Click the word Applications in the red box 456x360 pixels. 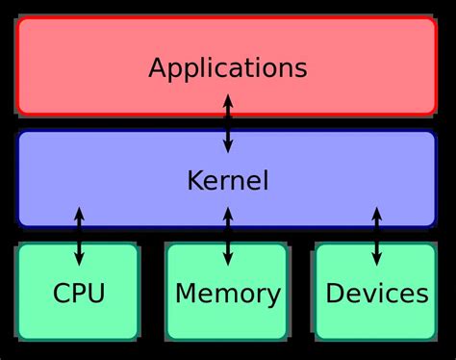point(227,68)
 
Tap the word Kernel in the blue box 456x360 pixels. point(227,180)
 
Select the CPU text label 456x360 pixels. point(79,294)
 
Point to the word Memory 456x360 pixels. point(228,294)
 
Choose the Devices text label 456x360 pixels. point(376,294)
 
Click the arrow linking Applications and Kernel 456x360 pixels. point(228,123)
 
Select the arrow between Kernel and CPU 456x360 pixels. point(79,236)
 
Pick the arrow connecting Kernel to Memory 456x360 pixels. point(228,236)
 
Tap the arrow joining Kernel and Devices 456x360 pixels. point(376,236)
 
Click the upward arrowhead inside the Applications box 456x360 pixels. point(228,99)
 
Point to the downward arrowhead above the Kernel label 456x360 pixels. point(228,147)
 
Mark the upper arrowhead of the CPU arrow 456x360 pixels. point(79,212)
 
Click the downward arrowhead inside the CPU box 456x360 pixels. point(79,260)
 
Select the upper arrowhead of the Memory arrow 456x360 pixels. point(228,212)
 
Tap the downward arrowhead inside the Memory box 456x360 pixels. point(228,260)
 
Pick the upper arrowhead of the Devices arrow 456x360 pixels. point(376,212)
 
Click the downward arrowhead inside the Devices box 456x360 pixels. point(376,260)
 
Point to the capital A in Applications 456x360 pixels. point(158,68)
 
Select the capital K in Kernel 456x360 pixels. point(193,180)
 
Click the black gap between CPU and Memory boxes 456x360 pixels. point(153,292)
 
